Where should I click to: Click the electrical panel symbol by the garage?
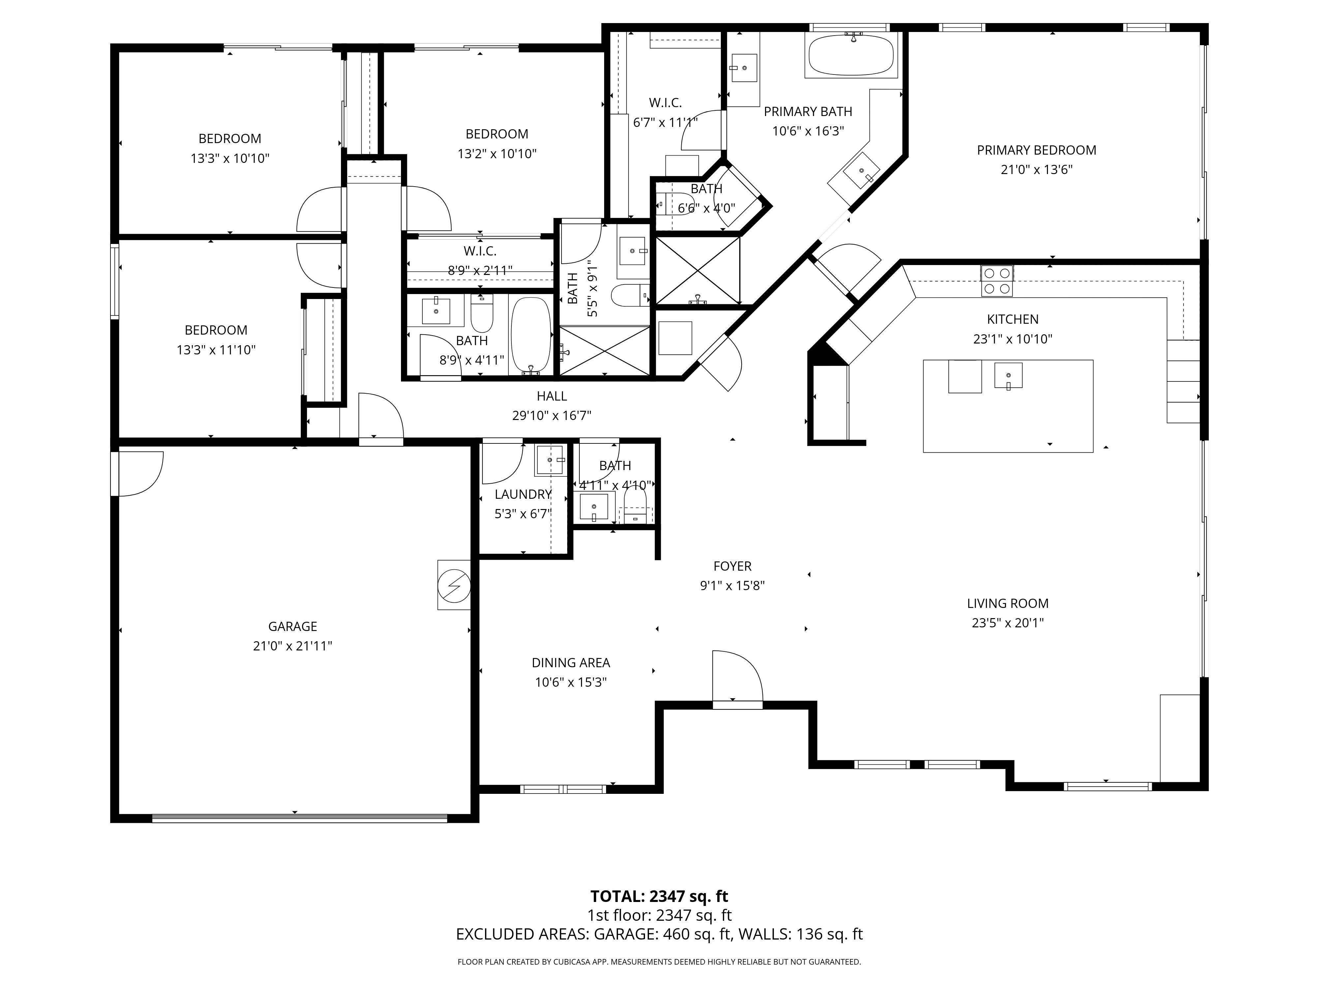[x=454, y=585]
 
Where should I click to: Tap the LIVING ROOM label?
[x=1008, y=603]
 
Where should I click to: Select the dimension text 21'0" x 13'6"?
[x=1036, y=170]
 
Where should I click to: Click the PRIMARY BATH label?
[x=808, y=111]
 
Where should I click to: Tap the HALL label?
[x=552, y=396]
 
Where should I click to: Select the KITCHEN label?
[x=1013, y=319]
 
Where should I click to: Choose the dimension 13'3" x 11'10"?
[x=216, y=350]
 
